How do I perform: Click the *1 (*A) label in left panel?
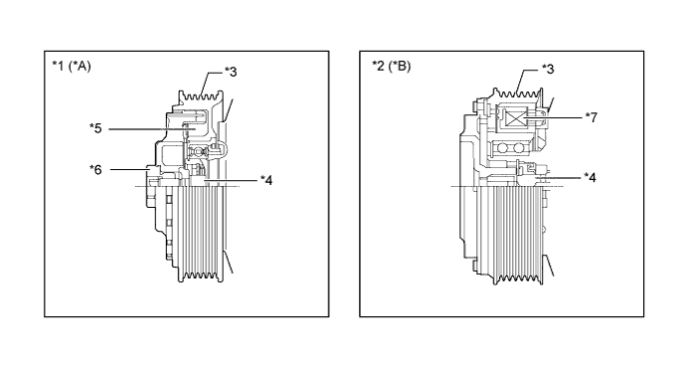click(x=72, y=67)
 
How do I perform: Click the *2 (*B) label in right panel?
click(x=392, y=67)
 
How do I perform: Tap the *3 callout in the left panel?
click(x=231, y=72)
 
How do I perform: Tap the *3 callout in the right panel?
click(x=548, y=69)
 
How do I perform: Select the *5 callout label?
click(x=95, y=128)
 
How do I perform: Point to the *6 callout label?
click(x=95, y=169)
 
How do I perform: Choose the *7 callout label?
click(x=591, y=117)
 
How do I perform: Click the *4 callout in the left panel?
click(x=265, y=180)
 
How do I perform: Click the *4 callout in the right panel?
click(x=590, y=178)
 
